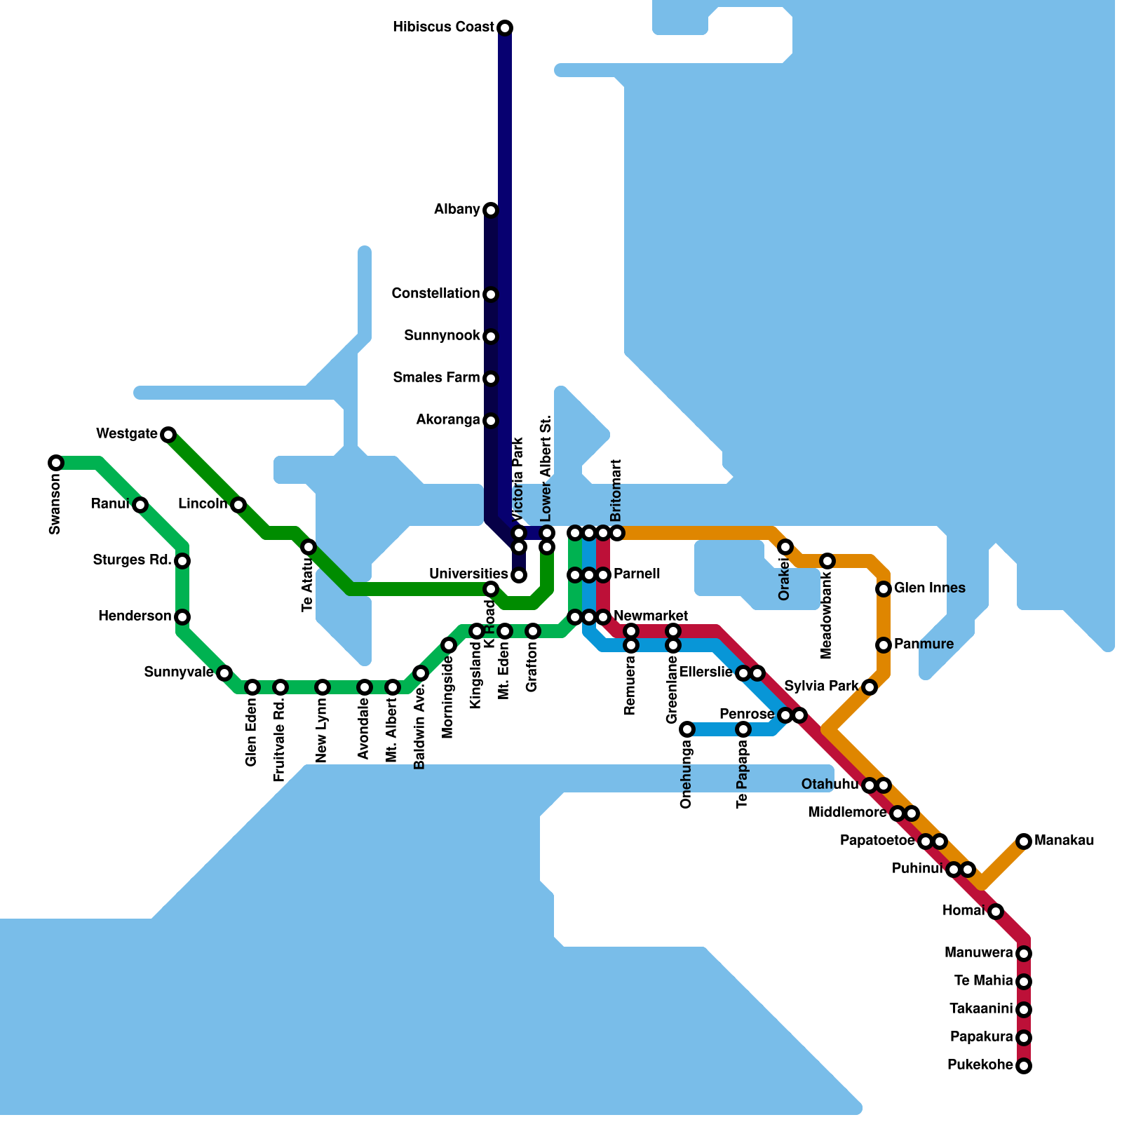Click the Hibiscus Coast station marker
click(x=505, y=28)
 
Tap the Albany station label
click(x=457, y=210)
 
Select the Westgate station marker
click(x=168, y=435)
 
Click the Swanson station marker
click(x=56, y=463)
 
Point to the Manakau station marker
click(x=1024, y=841)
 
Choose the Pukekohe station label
click(x=980, y=1065)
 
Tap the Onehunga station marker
click(x=687, y=729)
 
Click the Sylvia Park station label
click(x=821, y=686)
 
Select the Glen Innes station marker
click(x=884, y=589)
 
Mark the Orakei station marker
click(x=785, y=547)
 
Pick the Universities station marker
click(x=519, y=576)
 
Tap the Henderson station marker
click(x=182, y=617)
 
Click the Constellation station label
click(x=435, y=293)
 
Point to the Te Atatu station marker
click(x=309, y=547)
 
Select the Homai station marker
click(x=996, y=912)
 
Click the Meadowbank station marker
click(x=827, y=561)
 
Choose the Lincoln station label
click(x=202, y=504)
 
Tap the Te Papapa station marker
click(x=743, y=729)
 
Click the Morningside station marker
click(x=449, y=645)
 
